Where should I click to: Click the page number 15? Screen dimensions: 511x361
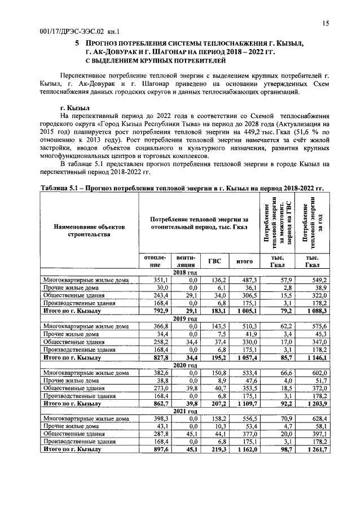click(325, 23)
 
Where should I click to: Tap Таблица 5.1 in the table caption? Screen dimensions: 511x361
click(61, 188)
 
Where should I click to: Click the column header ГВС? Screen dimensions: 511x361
click(214, 261)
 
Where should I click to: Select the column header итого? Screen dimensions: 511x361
click(244, 261)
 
